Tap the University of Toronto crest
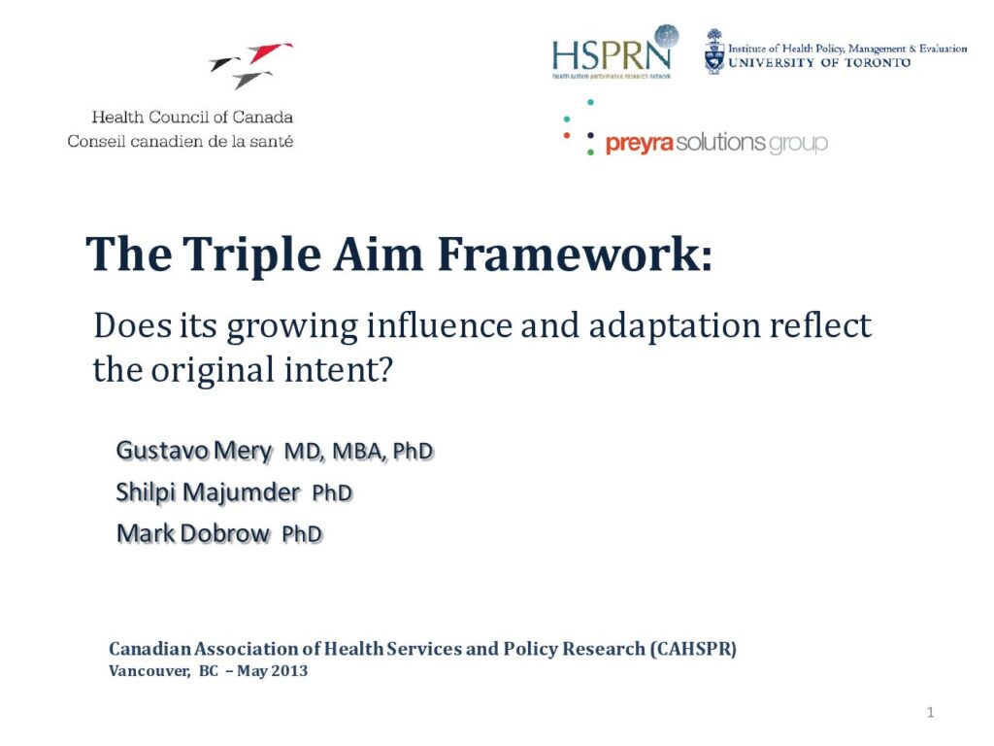[714, 52]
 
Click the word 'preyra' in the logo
[639, 144]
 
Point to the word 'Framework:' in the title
[575, 254]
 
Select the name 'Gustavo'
[162, 451]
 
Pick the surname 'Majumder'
[242, 492]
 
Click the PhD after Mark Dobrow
[303, 534]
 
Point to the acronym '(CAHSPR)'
[693, 649]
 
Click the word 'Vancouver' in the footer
[149, 671]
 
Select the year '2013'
[289, 671]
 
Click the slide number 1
[930, 712]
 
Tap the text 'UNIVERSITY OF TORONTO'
[819, 63]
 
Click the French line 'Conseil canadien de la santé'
[180, 141]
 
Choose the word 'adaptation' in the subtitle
[674, 326]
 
